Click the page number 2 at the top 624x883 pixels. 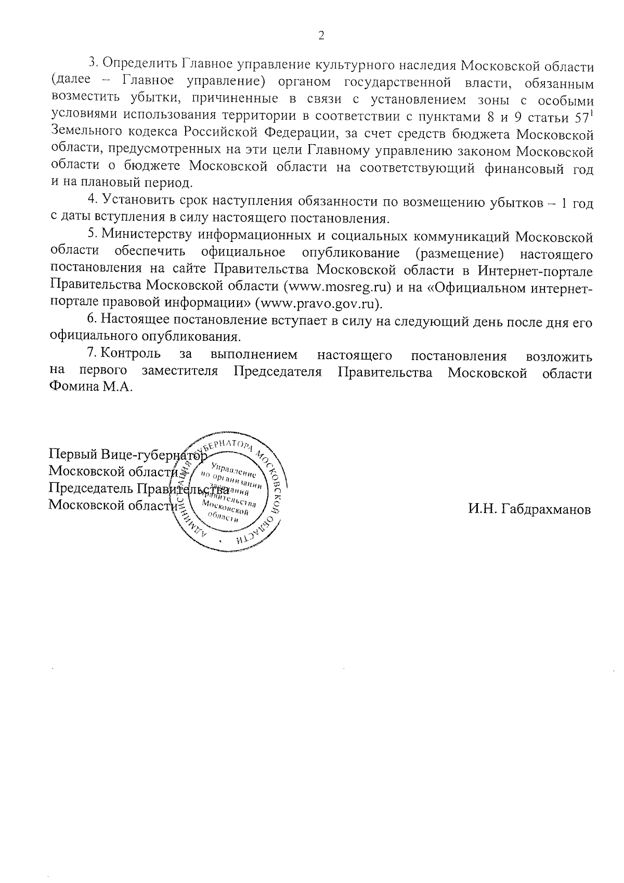click(x=321, y=36)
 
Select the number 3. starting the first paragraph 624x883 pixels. click(x=94, y=63)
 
